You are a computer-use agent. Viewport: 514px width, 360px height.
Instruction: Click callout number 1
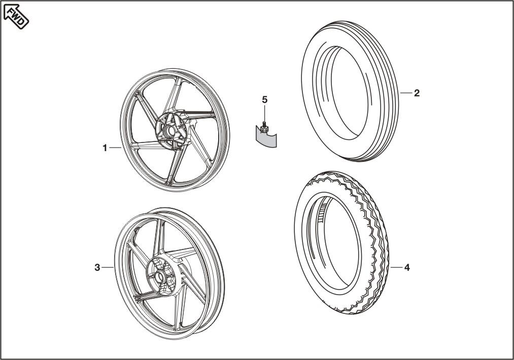tap(105, 148)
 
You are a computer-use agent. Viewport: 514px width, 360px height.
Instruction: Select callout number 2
tap(417, 93)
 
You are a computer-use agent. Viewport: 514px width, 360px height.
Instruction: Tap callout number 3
tap(97, 268)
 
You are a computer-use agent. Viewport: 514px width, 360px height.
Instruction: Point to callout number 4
tap(406, 267)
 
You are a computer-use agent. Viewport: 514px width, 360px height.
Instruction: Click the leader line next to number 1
tap(115, 148)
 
